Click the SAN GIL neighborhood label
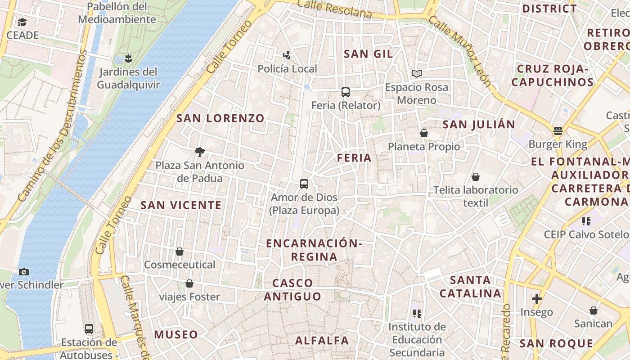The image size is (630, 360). pos(368,54)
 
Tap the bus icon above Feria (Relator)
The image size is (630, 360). pos(346,92)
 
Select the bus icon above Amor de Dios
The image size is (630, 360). pos(304,184)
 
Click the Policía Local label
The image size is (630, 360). pos(287,69)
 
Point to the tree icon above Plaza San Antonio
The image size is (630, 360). pos(200,152)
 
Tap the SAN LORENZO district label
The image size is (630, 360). pos(220,118)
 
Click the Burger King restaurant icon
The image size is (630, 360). pos(558,131)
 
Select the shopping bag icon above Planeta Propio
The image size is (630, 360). pos(423,133)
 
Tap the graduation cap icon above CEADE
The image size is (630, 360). pos(22,22)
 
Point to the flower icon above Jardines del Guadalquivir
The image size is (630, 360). pos(128,58)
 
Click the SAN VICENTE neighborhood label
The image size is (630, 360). pos(181,205)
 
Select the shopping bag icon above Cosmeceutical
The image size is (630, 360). pos(180,252)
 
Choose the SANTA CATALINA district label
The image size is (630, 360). pos(470,287)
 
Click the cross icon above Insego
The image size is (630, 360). pos(536,299)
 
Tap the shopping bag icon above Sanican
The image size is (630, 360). pos(594,310)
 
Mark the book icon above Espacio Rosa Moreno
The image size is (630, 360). pos(417,73)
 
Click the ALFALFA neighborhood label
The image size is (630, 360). pos(322,341)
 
